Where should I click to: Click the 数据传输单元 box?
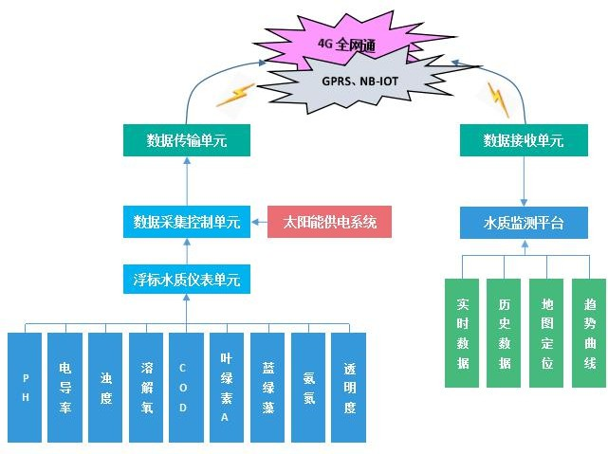coord(187,141)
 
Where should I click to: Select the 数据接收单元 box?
coord(524,141)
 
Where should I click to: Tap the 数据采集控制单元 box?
coord(187,223)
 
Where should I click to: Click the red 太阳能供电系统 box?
coord(330,223)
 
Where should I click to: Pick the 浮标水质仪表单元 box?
coord(187,280)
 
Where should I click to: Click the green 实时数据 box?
coord(463,333)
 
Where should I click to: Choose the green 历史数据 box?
coord(504,333)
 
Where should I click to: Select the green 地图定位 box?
coord(546,333)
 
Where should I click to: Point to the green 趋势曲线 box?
coord(589,333)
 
